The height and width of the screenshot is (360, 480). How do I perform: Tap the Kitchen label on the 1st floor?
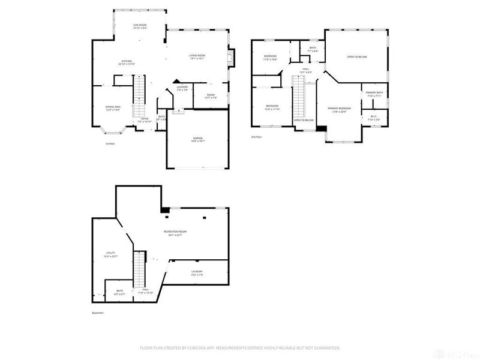click(127, 62)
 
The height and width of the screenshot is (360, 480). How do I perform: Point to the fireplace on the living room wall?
click(231, 58)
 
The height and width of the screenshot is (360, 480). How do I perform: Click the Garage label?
click(198, 139)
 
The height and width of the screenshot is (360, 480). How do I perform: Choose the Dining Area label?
click(113, 108)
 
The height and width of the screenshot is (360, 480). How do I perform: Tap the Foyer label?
click(145, 119)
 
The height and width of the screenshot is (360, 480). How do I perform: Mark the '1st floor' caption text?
click(110, 143)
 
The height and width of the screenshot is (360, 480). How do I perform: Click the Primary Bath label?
click(374, 93)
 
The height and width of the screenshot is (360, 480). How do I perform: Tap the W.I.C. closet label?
click(373, 117)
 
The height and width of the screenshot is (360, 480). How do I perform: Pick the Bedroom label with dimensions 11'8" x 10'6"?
click(270, 57)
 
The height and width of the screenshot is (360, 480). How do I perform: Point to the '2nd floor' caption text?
click(257, 137)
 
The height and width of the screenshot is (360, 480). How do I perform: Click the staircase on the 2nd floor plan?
click(299, 99)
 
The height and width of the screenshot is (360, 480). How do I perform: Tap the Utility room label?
click(110, 254)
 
